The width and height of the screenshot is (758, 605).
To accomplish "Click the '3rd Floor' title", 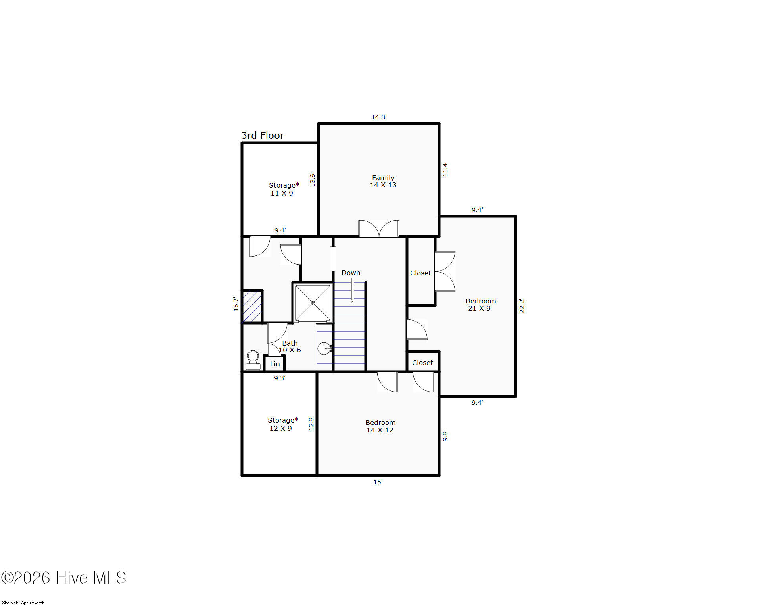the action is click(263, 136).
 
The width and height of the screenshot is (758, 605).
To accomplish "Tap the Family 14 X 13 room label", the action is click(383, 181).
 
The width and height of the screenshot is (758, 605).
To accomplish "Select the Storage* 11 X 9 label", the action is click(284, 189).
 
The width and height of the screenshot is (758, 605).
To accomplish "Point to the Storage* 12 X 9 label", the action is click(282, 424).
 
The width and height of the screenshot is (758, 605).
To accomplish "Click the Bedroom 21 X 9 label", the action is click(481, 305).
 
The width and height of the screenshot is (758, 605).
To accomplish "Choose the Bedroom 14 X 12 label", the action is click(380, 426).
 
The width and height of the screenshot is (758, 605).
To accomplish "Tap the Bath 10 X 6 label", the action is click(290, 346).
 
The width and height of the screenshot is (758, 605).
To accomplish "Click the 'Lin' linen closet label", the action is click(275, 364).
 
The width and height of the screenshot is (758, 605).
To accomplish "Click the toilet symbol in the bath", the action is click(253, 360).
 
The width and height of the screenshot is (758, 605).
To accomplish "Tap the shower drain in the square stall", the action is click(313, 303).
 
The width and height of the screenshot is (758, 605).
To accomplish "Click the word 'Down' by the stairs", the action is click(351, 273).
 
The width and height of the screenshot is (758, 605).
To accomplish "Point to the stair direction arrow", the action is click(352, 290).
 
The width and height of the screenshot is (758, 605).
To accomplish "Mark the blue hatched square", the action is click(252, 306).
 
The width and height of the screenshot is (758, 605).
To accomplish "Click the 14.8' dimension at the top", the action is click(379, 117).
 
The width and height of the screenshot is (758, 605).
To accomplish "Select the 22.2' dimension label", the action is click(522, 306).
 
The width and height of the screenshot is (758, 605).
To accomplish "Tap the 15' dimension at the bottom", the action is click(378, 482).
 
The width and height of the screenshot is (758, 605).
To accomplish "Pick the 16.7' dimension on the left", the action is click(236, 304).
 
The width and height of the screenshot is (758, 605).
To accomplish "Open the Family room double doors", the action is click(379, 229).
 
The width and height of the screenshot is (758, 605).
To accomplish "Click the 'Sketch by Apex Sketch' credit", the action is click(23, 603).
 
